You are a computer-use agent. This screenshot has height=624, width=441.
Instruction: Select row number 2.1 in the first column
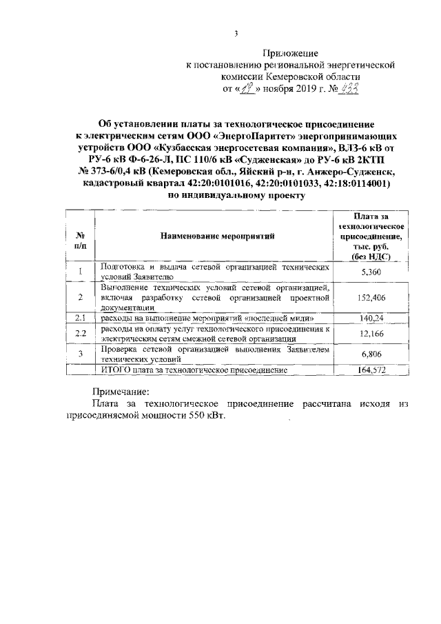tap(81, 318)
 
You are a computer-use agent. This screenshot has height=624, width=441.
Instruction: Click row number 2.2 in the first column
tap(81, 334)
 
